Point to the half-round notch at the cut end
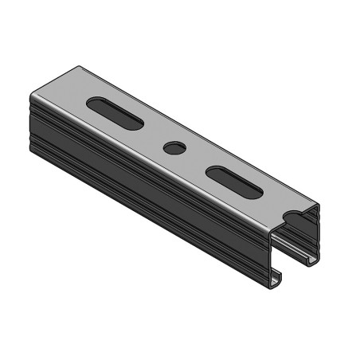[x=292, y=215]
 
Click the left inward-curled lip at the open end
[x=276, y=279]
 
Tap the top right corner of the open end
[x=319, y=205]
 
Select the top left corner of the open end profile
[x=271, y=231]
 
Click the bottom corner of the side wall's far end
[x=33, y=148]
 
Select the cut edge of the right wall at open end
[x=318, y=231]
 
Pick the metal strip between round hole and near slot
[x=193, y=158]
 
